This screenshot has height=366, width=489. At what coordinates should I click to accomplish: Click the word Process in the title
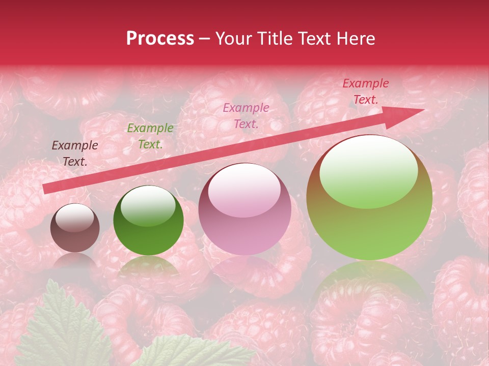tap(160, 39)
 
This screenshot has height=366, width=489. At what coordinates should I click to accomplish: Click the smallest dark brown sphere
tap(75, 228)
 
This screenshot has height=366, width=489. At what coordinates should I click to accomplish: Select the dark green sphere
tap(148, 221)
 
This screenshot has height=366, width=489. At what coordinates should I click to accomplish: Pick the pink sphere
tap(244, 209)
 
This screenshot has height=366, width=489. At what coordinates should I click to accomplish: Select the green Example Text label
tap(150, 136)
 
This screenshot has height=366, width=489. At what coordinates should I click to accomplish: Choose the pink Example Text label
tap(246, 115)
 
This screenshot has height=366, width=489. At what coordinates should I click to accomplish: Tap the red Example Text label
tap(365, 91)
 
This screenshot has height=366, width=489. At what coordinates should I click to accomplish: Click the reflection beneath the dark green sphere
tap(148, 267)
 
